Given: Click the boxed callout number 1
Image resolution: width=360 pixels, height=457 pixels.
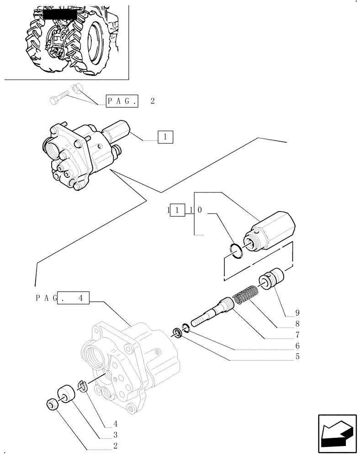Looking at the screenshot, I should (165, 137).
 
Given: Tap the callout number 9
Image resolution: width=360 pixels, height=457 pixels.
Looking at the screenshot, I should (297, 313).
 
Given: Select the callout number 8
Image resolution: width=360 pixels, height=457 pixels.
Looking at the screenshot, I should (297, 324).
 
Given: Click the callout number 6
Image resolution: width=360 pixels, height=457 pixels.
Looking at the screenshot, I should (297, 346).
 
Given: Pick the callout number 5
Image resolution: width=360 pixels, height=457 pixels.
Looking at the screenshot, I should (297, 357).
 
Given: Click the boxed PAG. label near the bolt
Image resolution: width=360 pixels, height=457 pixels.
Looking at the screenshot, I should (122, 101).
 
